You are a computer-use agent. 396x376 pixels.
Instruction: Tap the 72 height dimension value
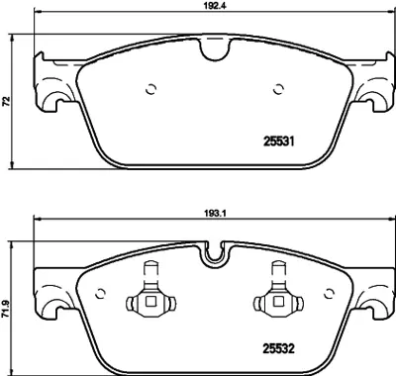click(x=6, y=101)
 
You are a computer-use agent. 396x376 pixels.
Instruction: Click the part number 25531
click(x=278, y=141)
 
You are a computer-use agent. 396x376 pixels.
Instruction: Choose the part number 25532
click(x=278, y=348)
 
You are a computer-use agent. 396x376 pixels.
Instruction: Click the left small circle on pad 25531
click(x=150, y=89)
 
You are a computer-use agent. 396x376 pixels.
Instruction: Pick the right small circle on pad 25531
click(x=278, y=89)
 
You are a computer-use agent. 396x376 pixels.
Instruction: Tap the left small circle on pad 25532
click(x=100, y=293)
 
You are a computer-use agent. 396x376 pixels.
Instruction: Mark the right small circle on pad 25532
click(x=329, y=293)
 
